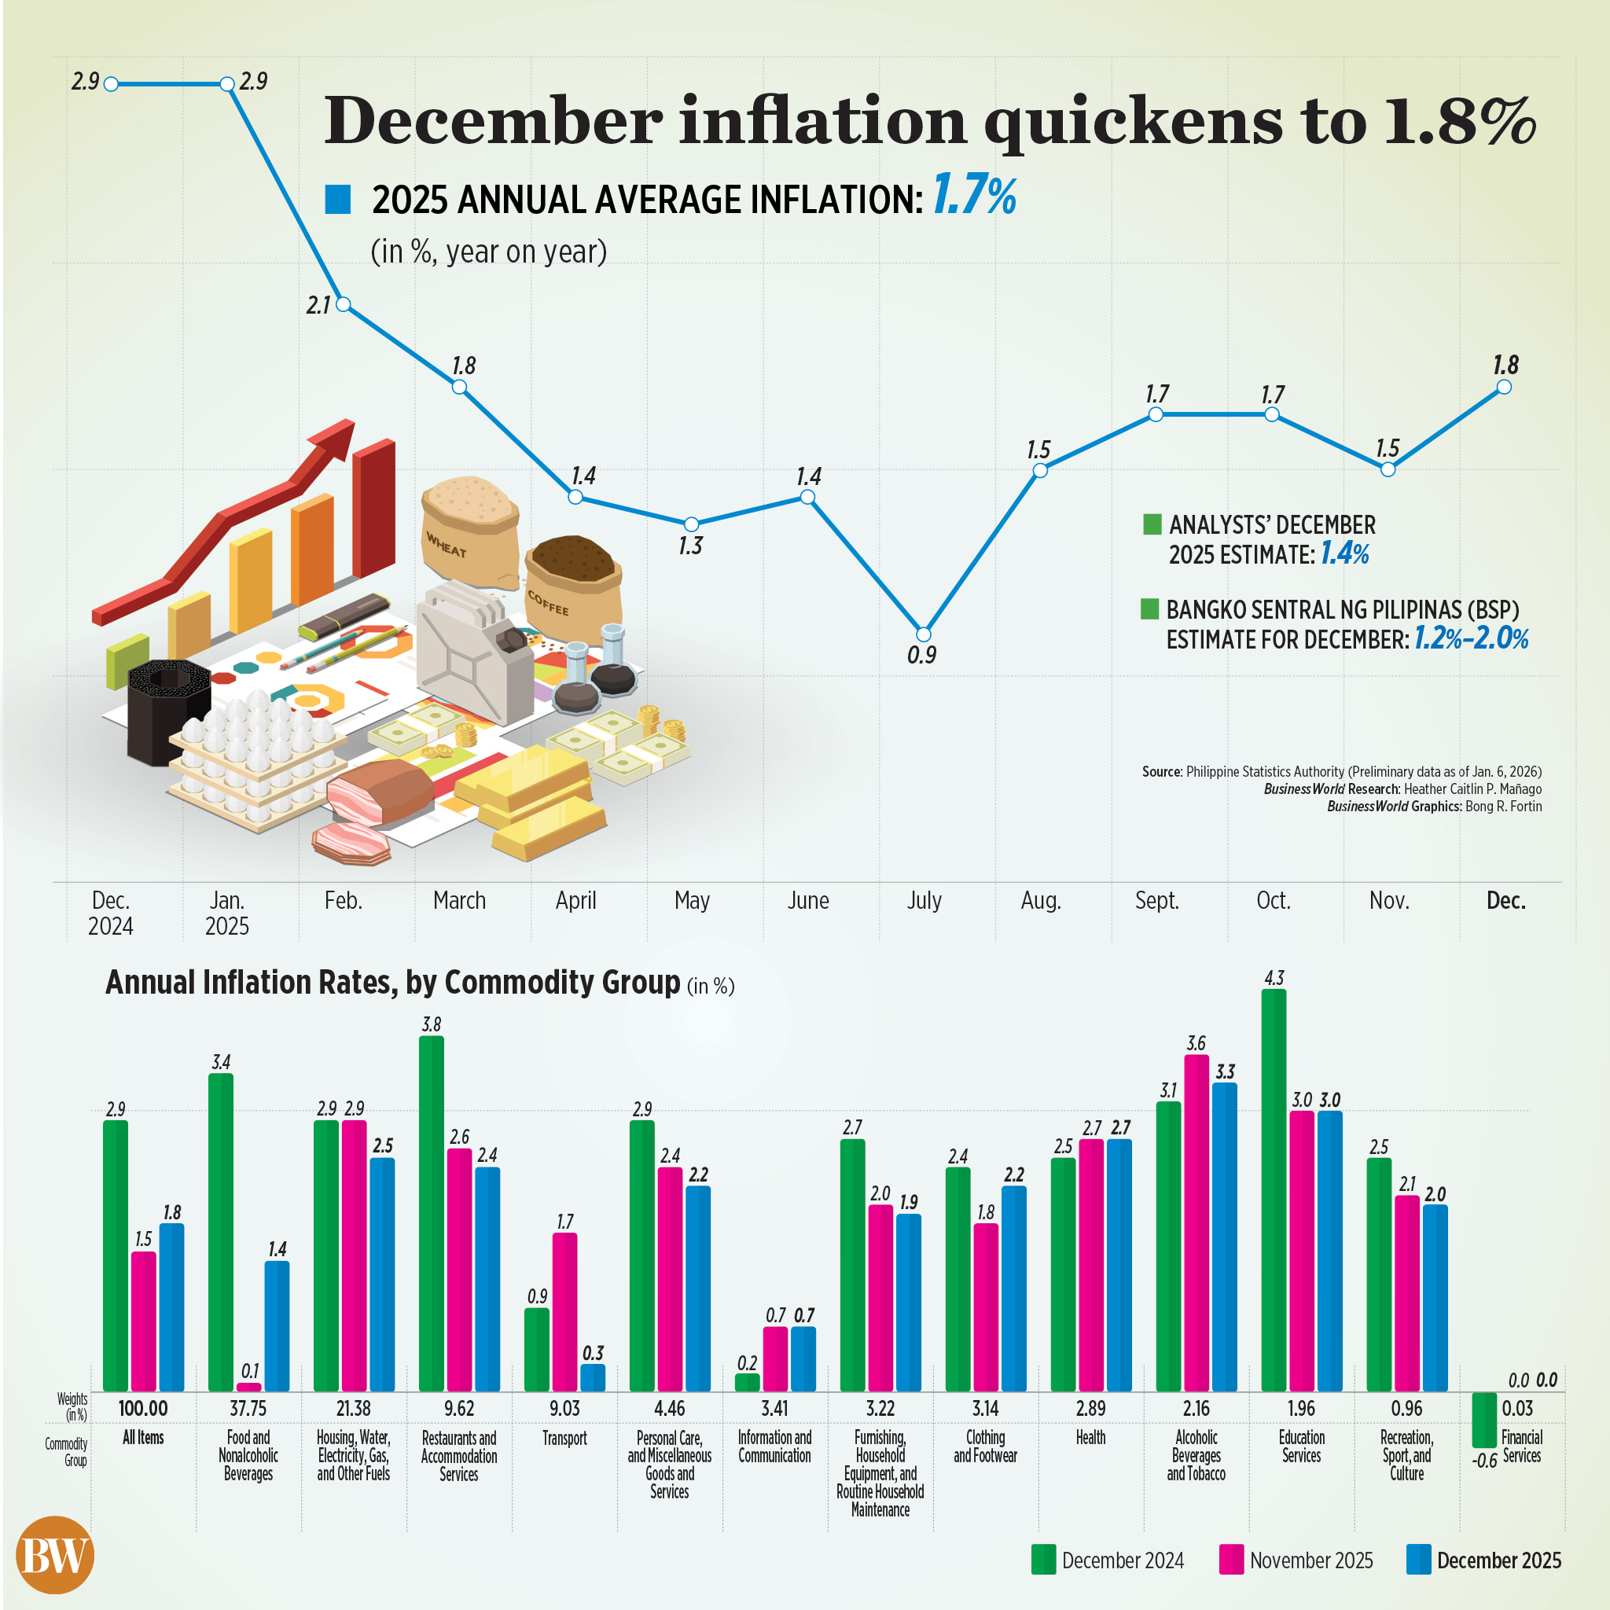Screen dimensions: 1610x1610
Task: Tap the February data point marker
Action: point(343,305)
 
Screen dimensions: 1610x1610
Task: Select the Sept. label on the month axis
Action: point(1156,901)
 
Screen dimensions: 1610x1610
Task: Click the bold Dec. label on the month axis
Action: point(1505,901)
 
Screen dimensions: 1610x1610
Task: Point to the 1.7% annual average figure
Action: point(973,197)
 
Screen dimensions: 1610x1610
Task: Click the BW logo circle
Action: point(55,1555)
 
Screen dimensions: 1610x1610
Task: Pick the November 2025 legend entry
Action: point(1296,1560)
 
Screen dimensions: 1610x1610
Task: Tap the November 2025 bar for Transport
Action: point(564,1312)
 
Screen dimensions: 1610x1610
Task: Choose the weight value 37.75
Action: point(248,1408)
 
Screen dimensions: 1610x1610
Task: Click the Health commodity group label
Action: point(1090,1438)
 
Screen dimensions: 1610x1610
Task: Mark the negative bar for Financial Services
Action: point(1483,1419)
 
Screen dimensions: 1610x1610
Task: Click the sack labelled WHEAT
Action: point(469,530)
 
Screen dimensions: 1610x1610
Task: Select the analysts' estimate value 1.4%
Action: point(1344,554)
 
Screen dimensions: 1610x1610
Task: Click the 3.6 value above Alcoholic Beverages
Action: point(1196,1043)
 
